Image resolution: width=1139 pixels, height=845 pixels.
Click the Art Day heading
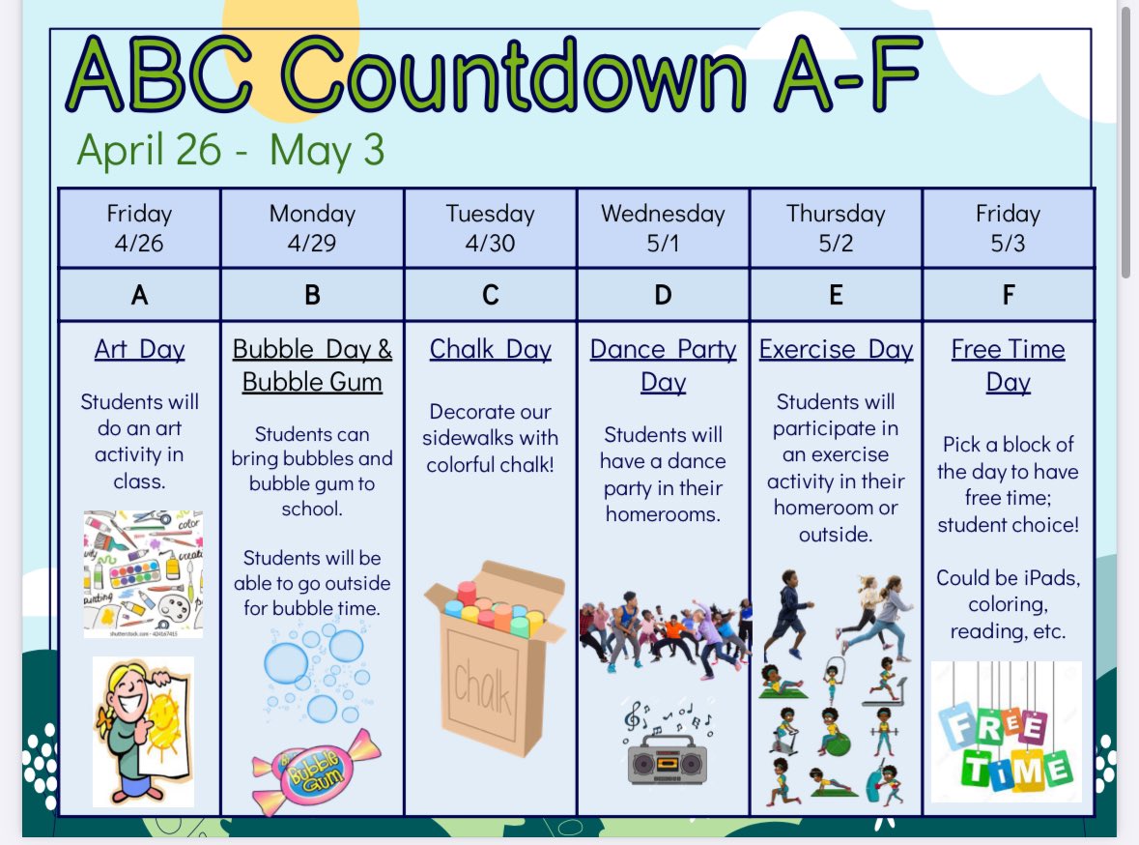[x=139, y=349]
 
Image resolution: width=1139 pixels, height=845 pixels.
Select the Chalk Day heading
[x=490, y=349]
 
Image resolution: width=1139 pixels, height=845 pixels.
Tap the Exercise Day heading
[x=836, y=349]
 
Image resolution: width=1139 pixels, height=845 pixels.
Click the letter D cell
[x=663, y=295]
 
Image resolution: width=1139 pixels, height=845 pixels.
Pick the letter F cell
[x=1008, y=295]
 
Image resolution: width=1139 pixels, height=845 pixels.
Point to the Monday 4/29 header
[x=312, y=228]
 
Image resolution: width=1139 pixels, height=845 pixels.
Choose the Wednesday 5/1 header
[x=663, y=228]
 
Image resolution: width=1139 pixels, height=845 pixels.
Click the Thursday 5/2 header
[x=836, y=228]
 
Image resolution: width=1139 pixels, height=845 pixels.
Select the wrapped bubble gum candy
[x=316, y=771]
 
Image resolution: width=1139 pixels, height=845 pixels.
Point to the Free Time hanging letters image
[x=1006, y=732]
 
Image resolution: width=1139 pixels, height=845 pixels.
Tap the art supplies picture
[x=143, y=572]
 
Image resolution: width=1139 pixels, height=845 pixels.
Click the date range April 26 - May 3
[x=230, y=150]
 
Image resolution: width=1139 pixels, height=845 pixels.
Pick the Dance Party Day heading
[x=663, y=364]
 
